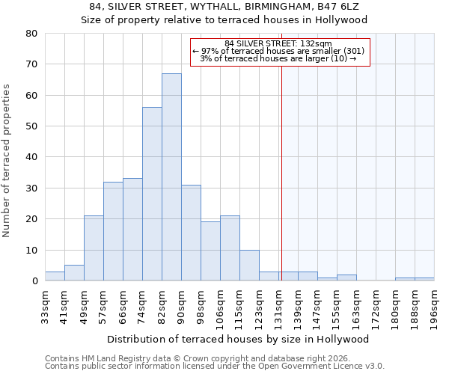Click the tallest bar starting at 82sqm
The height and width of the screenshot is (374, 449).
tap(171, 177)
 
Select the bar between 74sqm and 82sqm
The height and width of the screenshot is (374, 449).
tap(152, 194)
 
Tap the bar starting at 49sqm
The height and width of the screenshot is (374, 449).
tap(94, 248)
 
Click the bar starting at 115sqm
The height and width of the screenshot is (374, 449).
tap(249, 266)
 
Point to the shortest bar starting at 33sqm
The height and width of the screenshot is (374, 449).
tap(55, 276)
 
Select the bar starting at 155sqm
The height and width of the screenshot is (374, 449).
tap(346, 278)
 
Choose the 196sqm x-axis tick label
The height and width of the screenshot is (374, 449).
tap(435, 307)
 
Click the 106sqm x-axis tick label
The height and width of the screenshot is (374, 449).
tap(221, 307)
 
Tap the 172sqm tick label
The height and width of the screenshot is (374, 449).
tap(376, 307)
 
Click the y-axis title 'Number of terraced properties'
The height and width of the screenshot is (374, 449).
tap(7, 161)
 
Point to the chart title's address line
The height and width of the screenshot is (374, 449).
tap(224, 7)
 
